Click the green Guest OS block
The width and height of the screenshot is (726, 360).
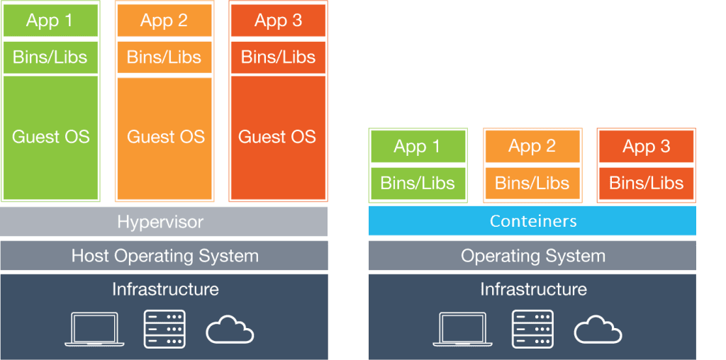tap(50, 137)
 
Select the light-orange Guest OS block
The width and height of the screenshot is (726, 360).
tap(164, 137)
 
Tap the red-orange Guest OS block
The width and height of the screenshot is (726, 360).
tap(278, 137)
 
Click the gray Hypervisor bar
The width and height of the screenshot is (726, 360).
tap(164, 222)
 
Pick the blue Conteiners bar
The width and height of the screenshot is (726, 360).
tap(532, 220)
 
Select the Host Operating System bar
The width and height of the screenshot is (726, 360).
tap(164, 255)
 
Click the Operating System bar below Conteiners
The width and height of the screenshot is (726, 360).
tap(532, 255)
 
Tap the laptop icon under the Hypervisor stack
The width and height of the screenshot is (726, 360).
tap(94, 329)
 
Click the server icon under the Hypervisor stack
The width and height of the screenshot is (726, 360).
tap(164, 329)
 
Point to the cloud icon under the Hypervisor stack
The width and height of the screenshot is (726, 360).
tap(230, 330)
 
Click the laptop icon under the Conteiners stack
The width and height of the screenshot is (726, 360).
tap(462, 329)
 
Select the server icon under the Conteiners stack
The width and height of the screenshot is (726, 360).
tap(533, 329)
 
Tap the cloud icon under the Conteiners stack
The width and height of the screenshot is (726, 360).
tap(598, 330)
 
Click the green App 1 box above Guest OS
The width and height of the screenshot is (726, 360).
tap(50, 21)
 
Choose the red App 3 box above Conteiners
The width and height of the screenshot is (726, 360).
tap(647, 146)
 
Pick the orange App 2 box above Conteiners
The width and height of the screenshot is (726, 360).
tap(532, 146)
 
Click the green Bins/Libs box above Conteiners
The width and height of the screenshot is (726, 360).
tap(418, 184)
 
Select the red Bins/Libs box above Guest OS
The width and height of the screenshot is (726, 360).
tap(278, 57)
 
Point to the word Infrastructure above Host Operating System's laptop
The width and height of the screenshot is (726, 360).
tap(165, 289)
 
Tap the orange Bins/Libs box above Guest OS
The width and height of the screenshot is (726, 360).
tap(164, 57)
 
